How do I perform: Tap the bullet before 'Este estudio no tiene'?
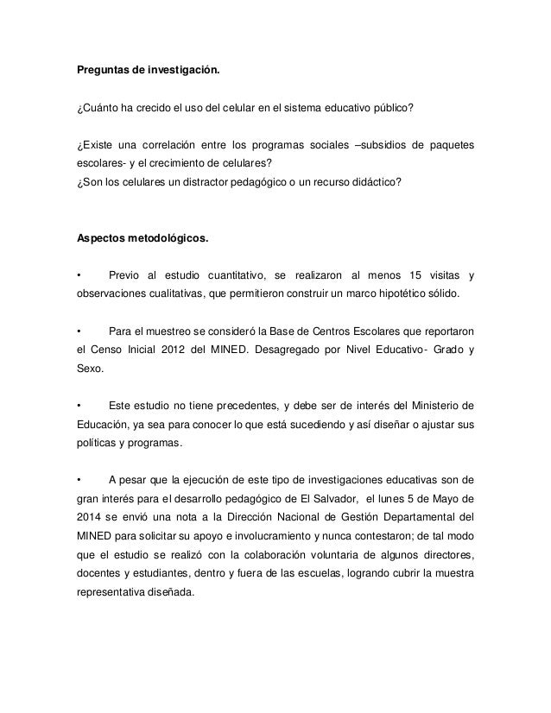point(79,407)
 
